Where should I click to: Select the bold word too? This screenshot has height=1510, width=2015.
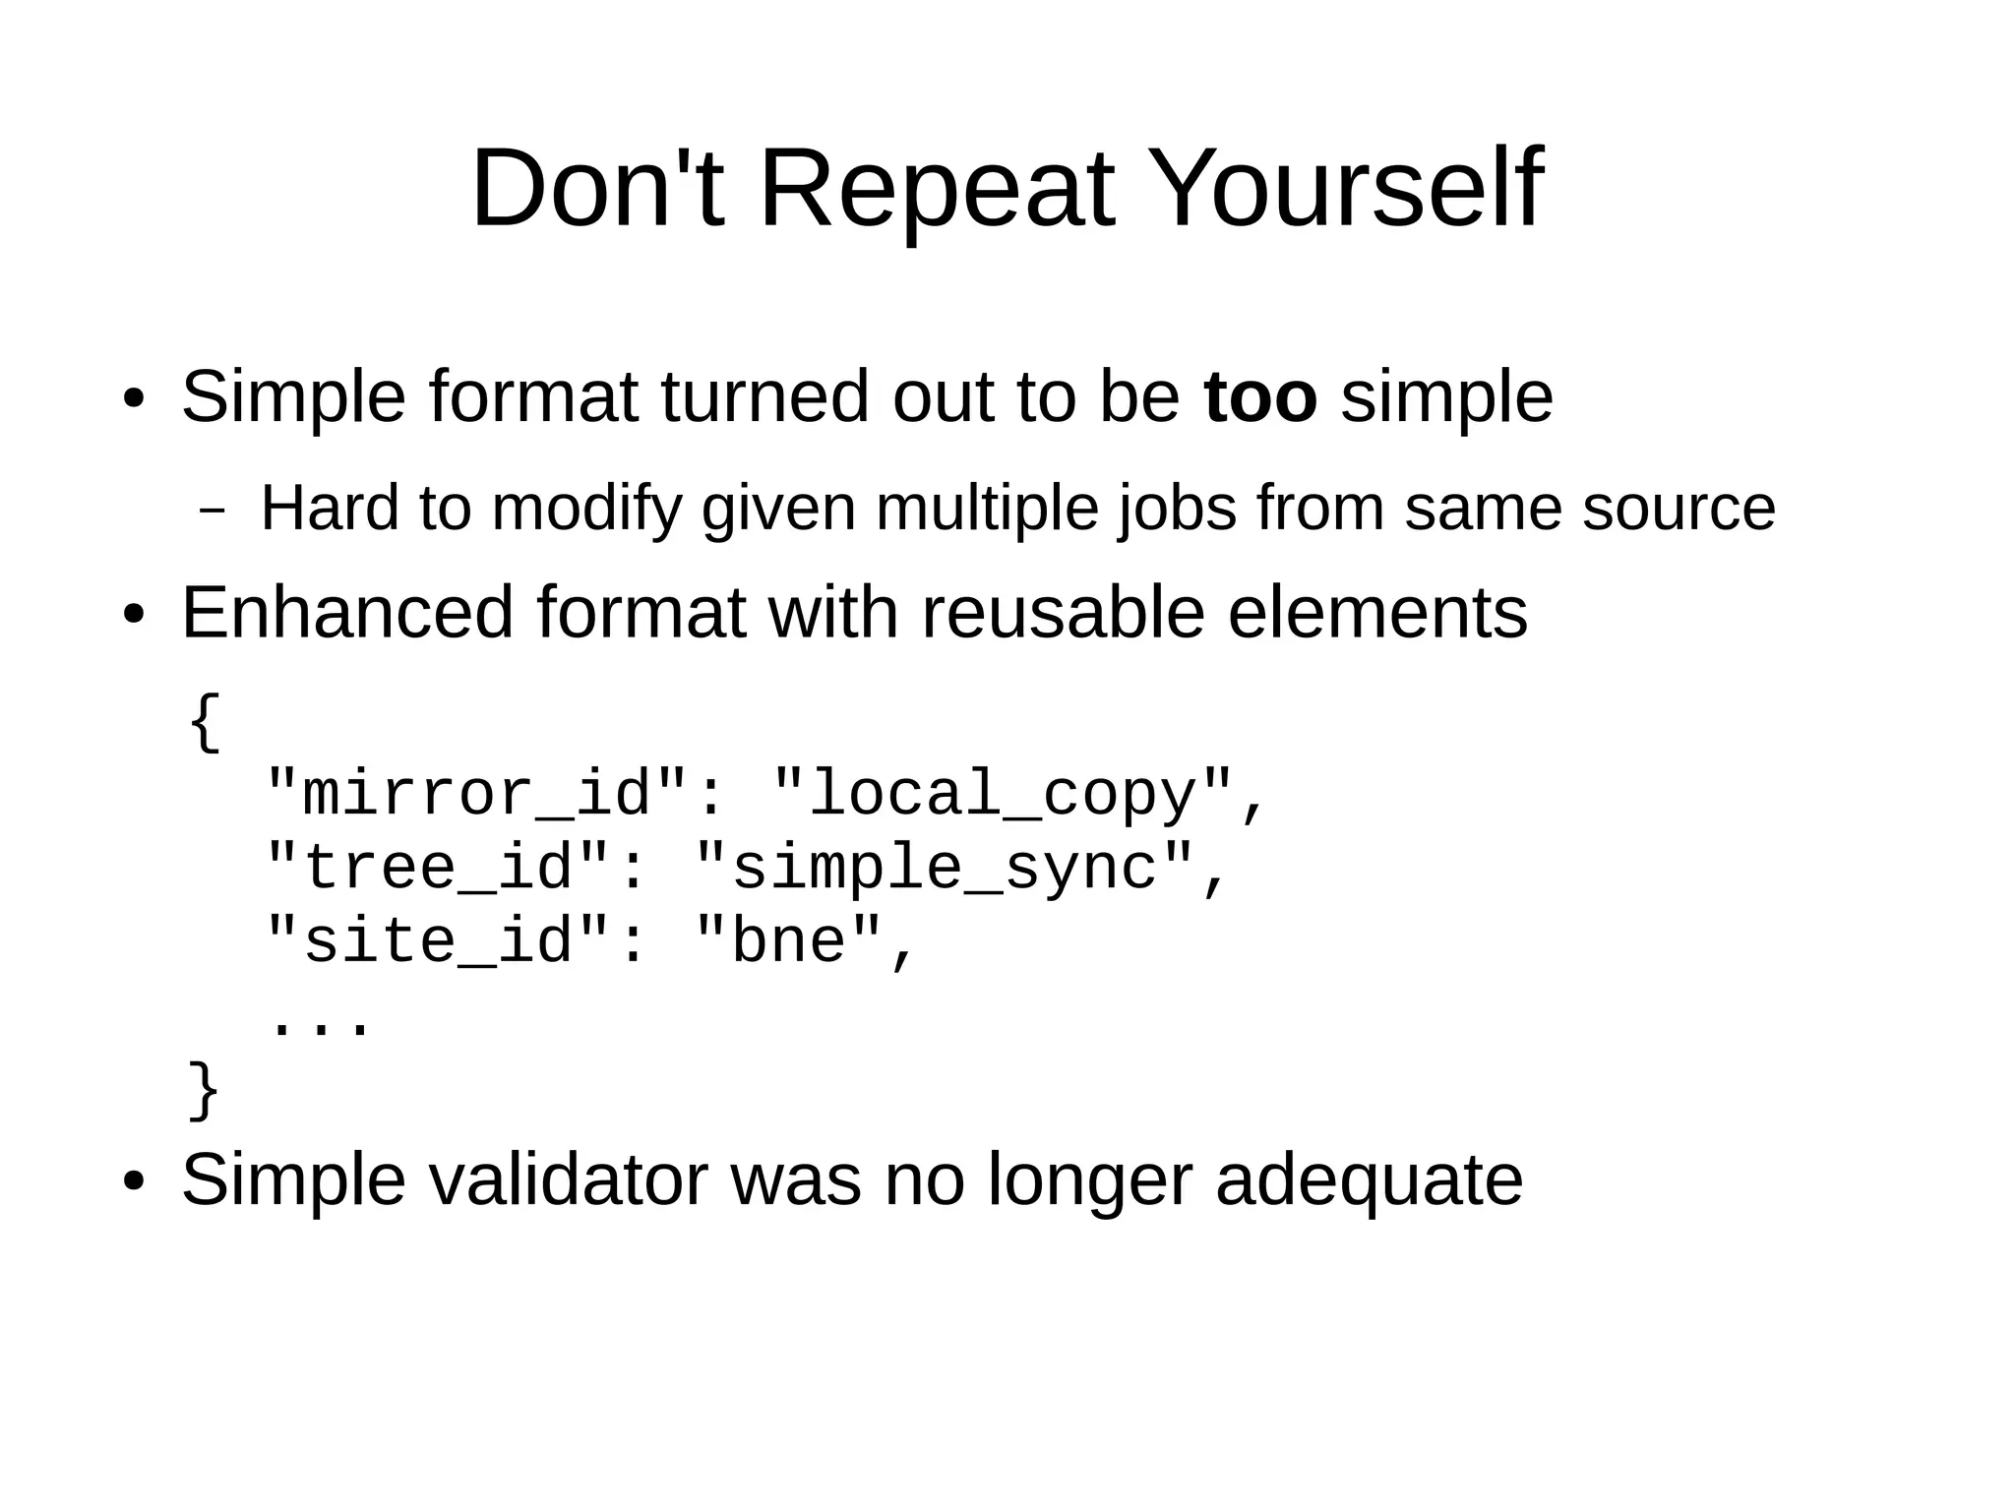click(1259, 397)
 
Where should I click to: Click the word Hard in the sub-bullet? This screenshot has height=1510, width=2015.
click(330, 509)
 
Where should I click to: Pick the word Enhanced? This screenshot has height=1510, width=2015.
click(347, 613)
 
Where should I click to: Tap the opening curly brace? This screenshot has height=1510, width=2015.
click(205, 723)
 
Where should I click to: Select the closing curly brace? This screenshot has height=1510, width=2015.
click(205, 1090)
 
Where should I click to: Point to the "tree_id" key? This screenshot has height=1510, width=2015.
click(438, 868)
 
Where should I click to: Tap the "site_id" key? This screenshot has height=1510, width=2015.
click(438, 940)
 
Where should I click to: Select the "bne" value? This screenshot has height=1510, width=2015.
click(788, 940)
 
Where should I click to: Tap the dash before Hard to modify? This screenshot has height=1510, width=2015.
click(211, 512)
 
